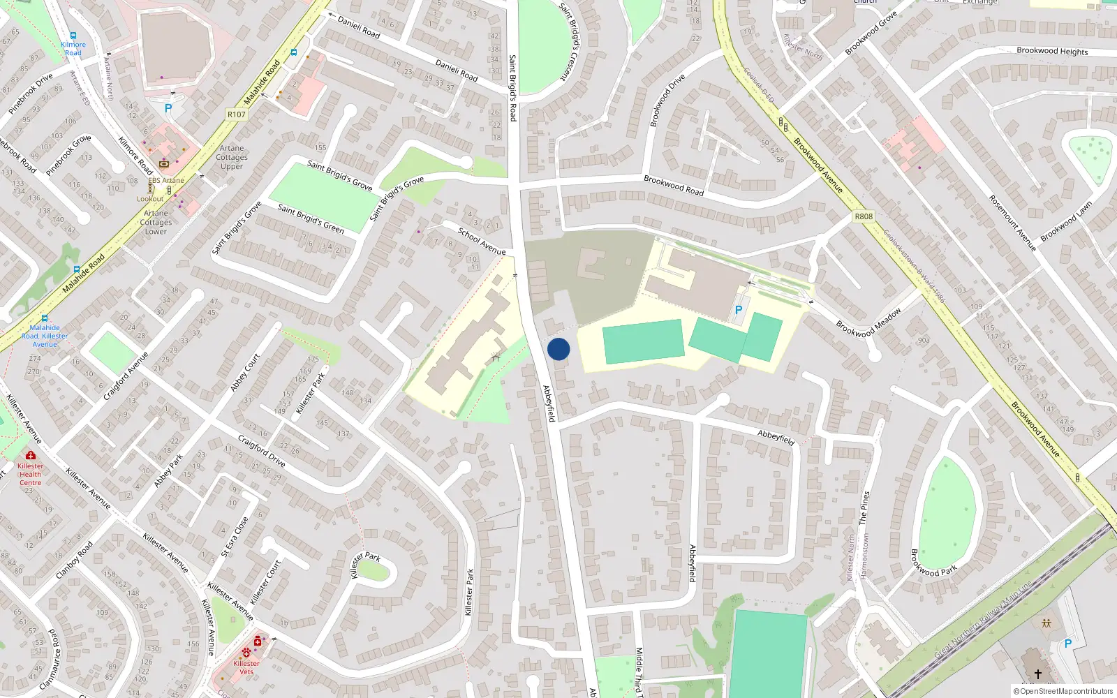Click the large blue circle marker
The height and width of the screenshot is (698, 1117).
coord(558,349)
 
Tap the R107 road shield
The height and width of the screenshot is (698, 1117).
coord(237,114)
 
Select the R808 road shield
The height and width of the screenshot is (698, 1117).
coord(864,216)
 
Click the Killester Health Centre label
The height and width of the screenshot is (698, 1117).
coord(30,474)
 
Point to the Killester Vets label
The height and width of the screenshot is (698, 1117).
coord(246,667)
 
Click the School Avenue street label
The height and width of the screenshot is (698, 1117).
coord(482,241)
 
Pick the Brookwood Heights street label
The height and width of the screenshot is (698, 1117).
coord(1052,51)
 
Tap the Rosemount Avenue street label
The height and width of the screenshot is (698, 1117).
coord(1012,223)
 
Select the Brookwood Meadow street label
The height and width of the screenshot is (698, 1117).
coord(868,322)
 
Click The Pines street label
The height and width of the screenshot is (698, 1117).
coord(864,507)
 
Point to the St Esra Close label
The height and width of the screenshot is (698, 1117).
coord(235,537)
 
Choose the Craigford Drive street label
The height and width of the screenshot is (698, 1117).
coord(261,451)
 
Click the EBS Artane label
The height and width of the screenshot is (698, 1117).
coord(166,180)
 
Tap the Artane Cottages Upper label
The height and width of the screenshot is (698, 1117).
coord(232,157)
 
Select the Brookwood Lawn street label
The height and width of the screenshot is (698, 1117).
coord(1066,221)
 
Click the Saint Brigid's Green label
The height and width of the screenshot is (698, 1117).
coord(311,218)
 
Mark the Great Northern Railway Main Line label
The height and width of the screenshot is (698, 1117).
coord(983,619)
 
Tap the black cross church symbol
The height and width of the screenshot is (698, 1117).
coord(1037,674)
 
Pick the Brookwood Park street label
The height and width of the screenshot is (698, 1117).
coord(933,563)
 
